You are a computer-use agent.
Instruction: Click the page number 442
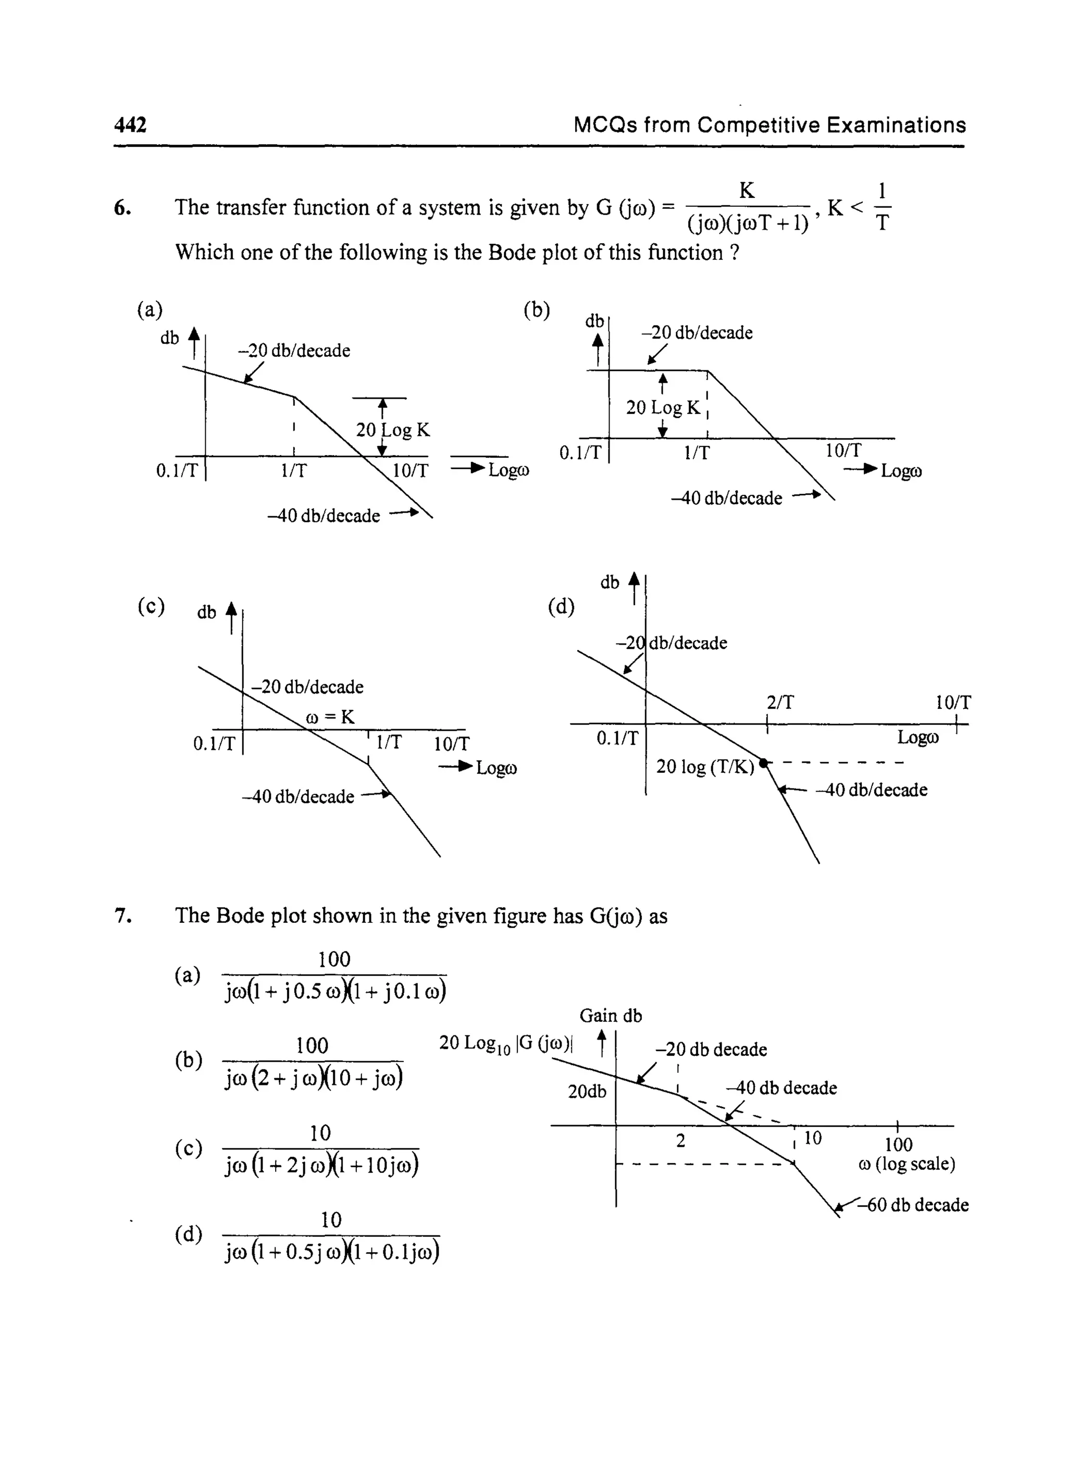[130, 124]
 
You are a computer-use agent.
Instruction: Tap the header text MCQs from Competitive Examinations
[769, 124]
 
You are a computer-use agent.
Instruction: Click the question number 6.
[123, 208]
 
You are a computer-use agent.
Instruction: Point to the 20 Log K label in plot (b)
[663, 407]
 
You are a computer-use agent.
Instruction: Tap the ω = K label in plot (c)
[329, 717]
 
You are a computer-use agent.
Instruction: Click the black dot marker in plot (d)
[763, 763]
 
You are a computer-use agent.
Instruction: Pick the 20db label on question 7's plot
[587, 1091]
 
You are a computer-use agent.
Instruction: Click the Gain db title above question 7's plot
[611, 1016]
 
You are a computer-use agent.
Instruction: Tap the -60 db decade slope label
[917, 1205]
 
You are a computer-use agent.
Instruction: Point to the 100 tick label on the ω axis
[898, 1145]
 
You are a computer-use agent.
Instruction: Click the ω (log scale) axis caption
[907, 1164]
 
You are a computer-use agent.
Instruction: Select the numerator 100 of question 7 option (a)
[334, 959]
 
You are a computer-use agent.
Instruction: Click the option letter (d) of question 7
[188, 1234]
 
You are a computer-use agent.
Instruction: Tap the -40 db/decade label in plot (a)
[324, 515]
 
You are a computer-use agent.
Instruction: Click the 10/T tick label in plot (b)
[843, 450]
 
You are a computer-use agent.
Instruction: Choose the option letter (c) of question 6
[151, 606]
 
